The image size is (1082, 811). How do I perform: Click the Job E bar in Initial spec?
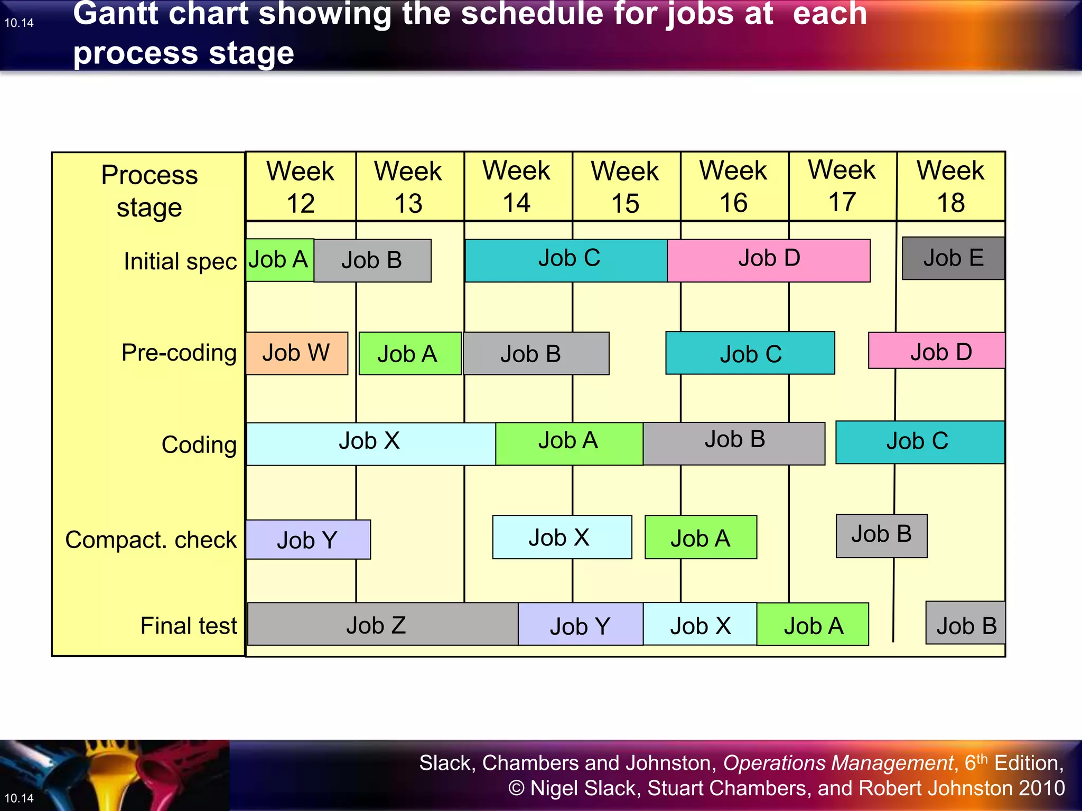(953, 258)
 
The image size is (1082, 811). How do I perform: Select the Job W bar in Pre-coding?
(296, 353)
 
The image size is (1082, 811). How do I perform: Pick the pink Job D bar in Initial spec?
(769, 260)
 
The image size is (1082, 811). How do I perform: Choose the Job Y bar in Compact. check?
(308, 540)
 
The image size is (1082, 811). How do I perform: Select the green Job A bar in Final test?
(813, 624)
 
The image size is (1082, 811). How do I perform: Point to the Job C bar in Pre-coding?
(750, 353)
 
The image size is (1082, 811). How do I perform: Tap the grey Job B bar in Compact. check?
(881, 535)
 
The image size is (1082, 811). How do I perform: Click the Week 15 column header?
(626, 186)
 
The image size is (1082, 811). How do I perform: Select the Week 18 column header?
(950, 186)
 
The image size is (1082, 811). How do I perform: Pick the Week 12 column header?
(301, 186)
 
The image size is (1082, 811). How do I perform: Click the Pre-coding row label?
(179, 353)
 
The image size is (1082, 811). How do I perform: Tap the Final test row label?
(189, 626)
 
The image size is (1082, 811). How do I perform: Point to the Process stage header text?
(150, 191)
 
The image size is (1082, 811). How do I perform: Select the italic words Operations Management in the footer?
(838, 763)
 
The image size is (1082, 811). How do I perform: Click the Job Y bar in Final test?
(580, 625)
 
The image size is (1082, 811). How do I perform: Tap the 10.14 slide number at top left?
(19, 23)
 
